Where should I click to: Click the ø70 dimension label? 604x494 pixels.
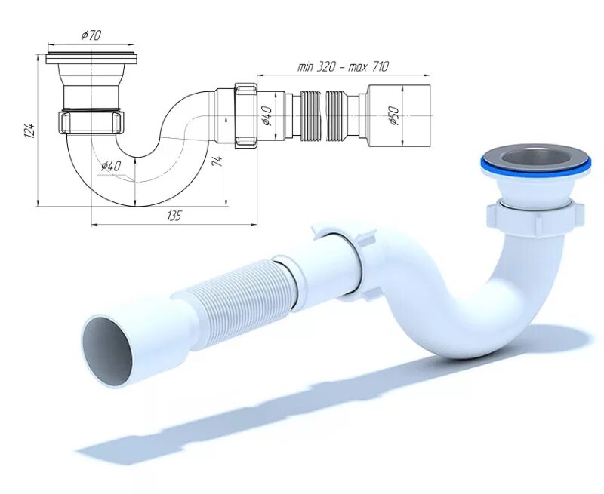(x=91, y=35)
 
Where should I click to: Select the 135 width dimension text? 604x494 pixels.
(x=174, y=216)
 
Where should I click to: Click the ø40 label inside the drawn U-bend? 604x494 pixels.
(x=110, y=166)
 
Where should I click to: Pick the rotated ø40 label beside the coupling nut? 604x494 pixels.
(x=266, y=115)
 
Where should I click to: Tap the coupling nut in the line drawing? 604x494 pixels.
(x=247, y=115)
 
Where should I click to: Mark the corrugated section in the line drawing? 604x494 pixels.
(x=325, y=115)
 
